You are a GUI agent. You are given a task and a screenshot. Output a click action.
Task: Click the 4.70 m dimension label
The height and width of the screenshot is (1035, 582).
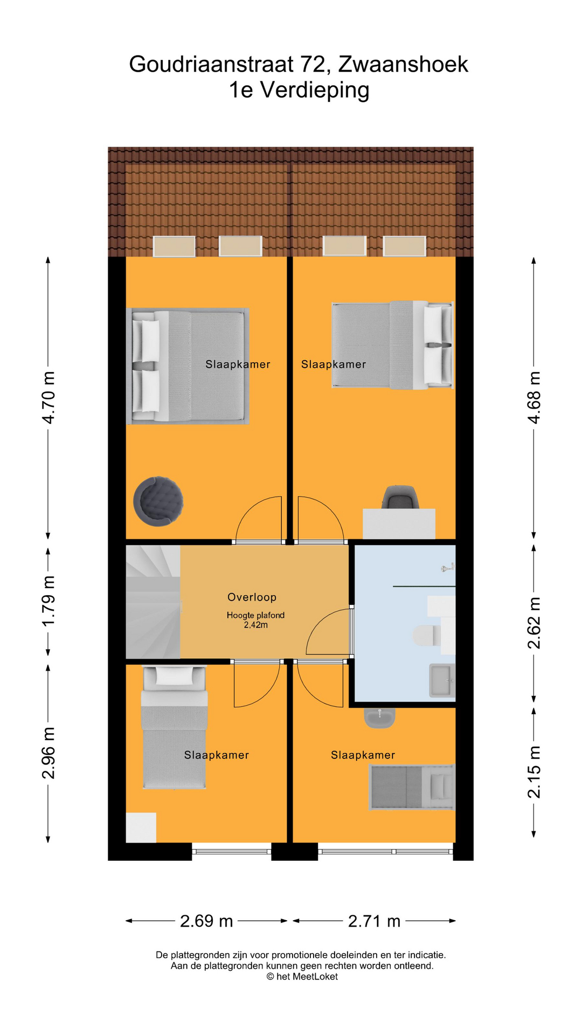click(48, 397)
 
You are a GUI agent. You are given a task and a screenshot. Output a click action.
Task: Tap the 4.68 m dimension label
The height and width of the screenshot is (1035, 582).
click(533, 397)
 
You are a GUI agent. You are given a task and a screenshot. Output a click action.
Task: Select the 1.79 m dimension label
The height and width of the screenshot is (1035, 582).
click(48, 602)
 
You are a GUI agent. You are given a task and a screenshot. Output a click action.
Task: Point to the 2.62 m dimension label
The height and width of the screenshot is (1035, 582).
click(533, 623)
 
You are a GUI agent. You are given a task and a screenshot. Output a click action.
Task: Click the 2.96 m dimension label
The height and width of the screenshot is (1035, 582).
click(48, 753)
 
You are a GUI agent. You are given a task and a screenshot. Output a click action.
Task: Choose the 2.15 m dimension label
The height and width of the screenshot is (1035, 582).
click(533, 772)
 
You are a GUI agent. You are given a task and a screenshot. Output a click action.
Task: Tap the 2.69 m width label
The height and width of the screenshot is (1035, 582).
click(206, 921)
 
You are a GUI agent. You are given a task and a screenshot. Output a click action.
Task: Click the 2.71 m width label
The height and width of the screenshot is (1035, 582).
click(374, 921)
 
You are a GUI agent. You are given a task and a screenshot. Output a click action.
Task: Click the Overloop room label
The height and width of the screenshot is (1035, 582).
click(252, 597)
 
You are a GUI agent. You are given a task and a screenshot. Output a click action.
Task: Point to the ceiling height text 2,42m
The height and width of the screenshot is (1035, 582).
click(255, 625)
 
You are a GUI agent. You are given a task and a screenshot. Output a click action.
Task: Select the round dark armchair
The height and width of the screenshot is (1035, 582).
click(158, 501)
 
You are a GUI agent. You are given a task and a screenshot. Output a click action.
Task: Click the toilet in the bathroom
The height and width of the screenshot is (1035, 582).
click(426, 636)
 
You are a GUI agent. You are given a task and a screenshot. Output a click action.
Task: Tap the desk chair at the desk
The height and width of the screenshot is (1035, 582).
click(400, 497)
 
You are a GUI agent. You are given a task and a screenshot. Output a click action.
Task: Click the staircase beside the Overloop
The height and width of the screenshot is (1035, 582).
click(153, 602)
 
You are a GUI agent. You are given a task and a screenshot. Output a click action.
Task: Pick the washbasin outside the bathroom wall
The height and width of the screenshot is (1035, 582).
click(380, 717)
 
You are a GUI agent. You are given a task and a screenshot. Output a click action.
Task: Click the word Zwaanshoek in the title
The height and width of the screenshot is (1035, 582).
click(403, 64)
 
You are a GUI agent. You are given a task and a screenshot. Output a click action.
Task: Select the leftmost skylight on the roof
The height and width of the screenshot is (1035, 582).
click(174, 246)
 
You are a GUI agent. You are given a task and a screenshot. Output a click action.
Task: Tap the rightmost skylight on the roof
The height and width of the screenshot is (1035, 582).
click(404, 246)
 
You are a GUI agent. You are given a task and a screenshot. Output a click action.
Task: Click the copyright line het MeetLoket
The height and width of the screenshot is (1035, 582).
click(302, 976)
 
